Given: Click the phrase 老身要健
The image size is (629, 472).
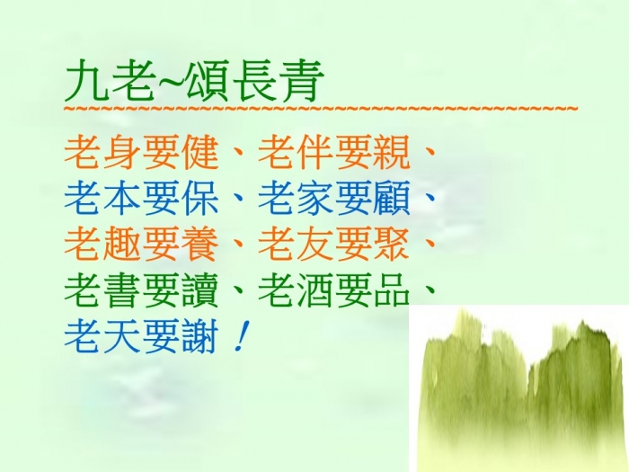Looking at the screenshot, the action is (x=141, y=154).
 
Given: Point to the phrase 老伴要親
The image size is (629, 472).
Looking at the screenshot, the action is (x=333, y=154).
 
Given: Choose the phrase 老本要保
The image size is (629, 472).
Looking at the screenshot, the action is (x=141, y=199).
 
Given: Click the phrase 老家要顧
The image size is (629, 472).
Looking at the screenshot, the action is (x=333, y=199).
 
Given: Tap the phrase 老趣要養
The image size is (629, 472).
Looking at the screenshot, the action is (x=141, y=244).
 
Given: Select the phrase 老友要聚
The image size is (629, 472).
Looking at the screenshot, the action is (x=333, y=244).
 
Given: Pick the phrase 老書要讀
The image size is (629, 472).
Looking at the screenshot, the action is (x=141, y=289).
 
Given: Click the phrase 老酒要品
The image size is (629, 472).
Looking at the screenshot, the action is (x=333, y=289).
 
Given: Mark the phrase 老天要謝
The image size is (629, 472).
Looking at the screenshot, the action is (x=141, y=335).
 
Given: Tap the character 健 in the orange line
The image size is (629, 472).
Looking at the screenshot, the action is (x=199, y=154).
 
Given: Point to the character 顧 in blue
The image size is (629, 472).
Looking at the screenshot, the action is (x=392, y=199).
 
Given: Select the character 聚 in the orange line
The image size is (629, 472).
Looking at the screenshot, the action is (x=392, y=244).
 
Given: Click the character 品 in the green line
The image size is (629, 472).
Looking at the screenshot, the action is (x=392, y=289).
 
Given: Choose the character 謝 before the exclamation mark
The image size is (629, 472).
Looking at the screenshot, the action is (x=199, y=335).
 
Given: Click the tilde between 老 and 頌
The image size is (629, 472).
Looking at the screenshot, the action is (x=170, y=80).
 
